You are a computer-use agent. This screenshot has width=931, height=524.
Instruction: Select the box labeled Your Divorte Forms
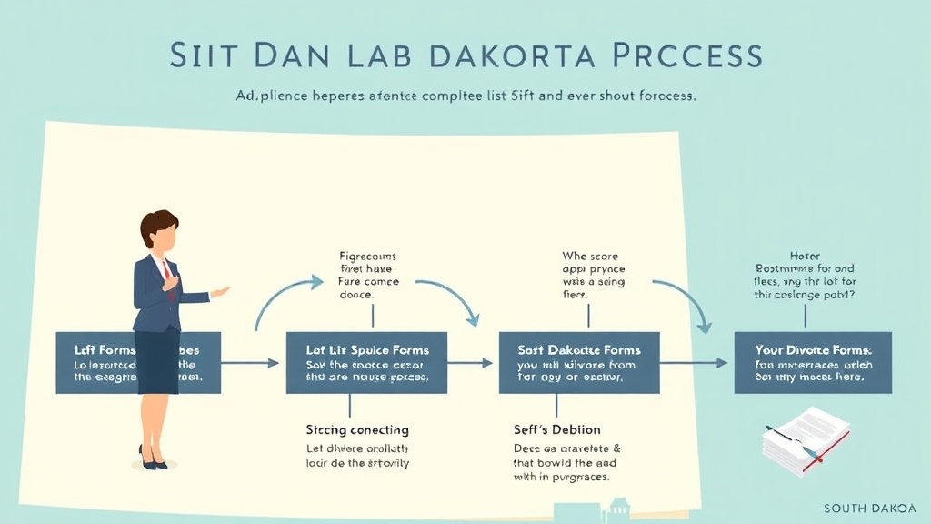[x=813, y=362]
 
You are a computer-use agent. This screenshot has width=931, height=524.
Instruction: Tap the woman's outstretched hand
[x=220, y=292]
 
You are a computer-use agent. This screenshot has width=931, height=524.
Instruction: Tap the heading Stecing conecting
[x=357, y=429]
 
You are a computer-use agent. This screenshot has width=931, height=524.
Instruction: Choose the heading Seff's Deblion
[x=557, y=429]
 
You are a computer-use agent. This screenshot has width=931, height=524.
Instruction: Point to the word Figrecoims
[x=366, y=257]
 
